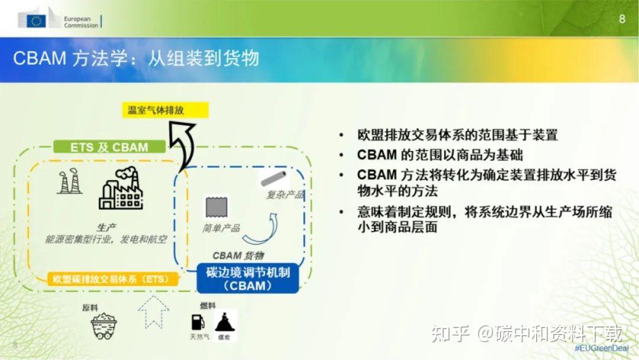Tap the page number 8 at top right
[x=622, y=18]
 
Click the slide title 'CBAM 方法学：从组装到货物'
[x=136, y=59]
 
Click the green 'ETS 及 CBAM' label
[x=109, y=147]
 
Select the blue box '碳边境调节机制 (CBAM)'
[x=247, y=278]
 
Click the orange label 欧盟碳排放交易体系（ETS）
[x=112, y=278]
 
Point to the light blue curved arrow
[x=264, y=227]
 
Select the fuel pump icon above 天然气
[x=198, y=323]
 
